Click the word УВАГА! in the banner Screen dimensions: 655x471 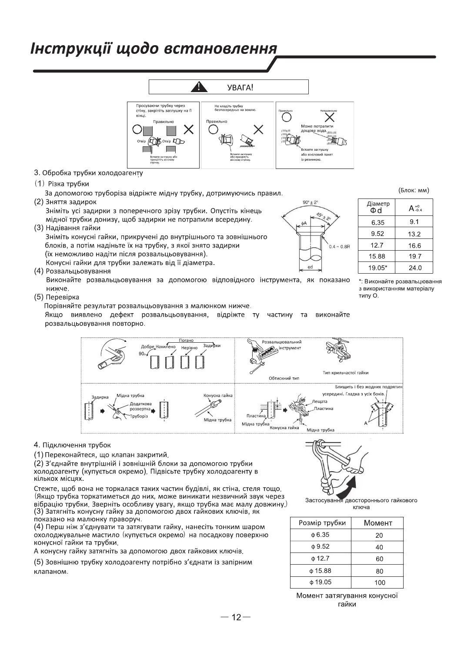(240, 87)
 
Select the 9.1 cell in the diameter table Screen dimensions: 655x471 (414, 222)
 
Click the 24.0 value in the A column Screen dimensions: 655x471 (414, 268)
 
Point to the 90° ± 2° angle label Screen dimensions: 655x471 (310, 202)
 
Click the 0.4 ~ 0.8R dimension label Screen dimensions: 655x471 (340, 246)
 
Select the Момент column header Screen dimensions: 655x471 (378, 523)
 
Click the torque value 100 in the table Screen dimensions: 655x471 (379, 582)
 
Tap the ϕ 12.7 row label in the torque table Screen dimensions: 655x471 (320, 559)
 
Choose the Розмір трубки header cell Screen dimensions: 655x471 (322, 523)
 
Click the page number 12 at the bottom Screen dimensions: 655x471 (236, 617)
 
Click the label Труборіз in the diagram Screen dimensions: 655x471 (139, 416)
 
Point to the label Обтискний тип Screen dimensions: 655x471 (284, 378)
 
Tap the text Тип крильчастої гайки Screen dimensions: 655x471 (345, 373)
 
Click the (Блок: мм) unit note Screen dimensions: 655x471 (414, 190)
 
